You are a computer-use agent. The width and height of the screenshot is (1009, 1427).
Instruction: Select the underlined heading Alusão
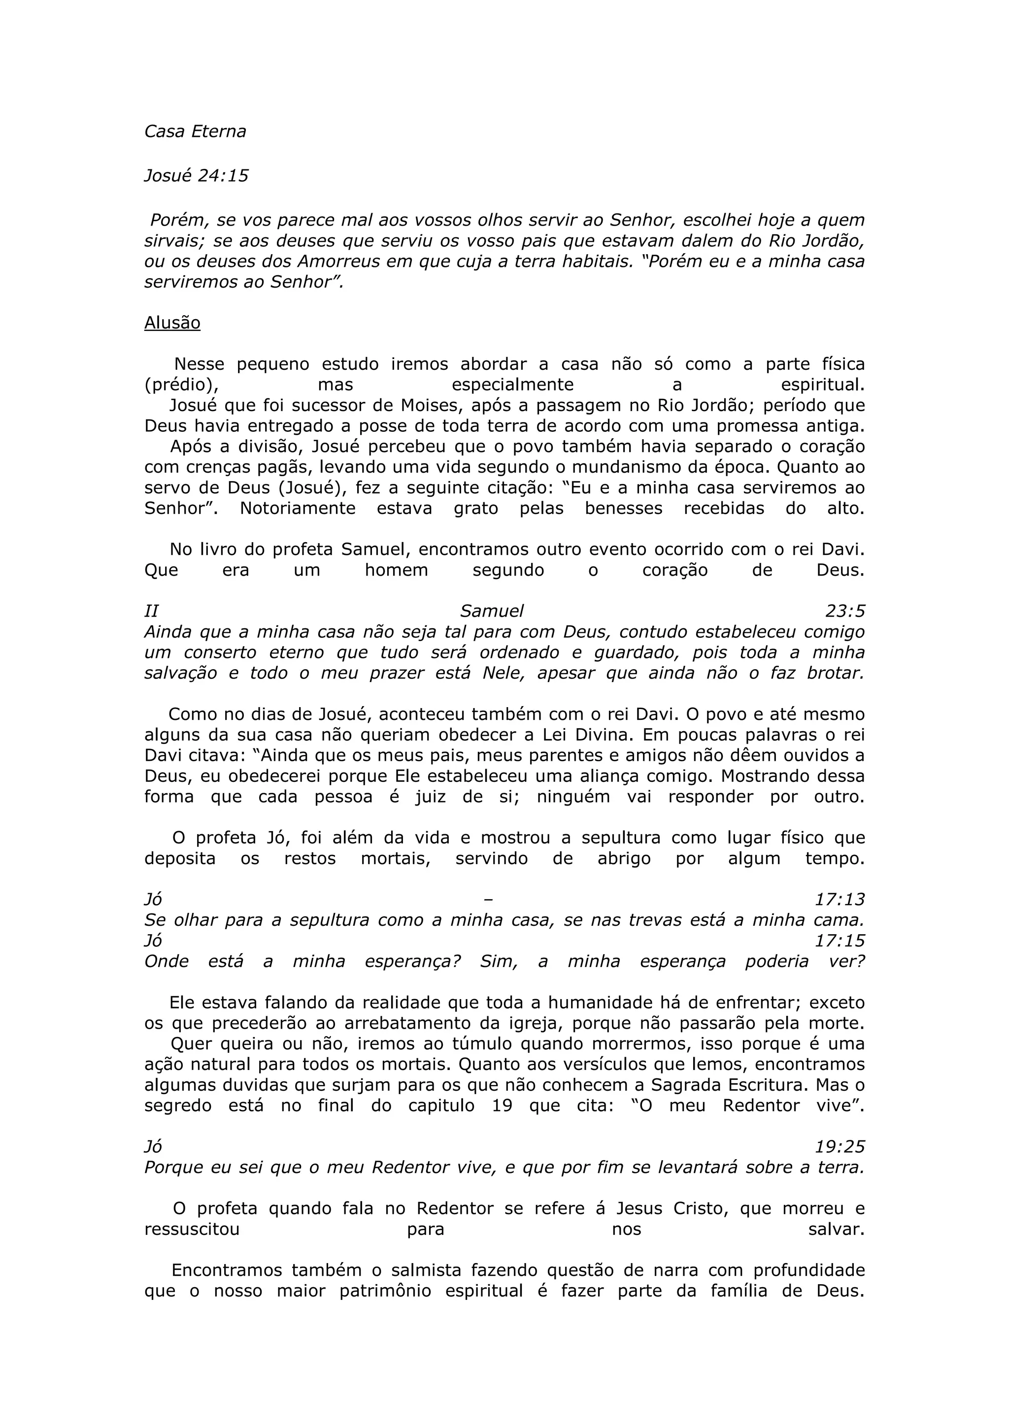click(x=172, y=323)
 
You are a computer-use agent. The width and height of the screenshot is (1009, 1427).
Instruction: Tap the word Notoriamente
click(x=298, y=508)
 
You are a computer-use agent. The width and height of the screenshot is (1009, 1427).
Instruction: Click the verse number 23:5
click(x=845, y=611)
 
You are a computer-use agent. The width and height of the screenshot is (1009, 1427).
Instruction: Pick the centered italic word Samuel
click(x=492, y=611)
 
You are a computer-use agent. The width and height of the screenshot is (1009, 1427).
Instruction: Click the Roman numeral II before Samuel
click(x=151, y=611)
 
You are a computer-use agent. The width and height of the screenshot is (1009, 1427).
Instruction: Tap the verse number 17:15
click(x=840, y=941)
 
